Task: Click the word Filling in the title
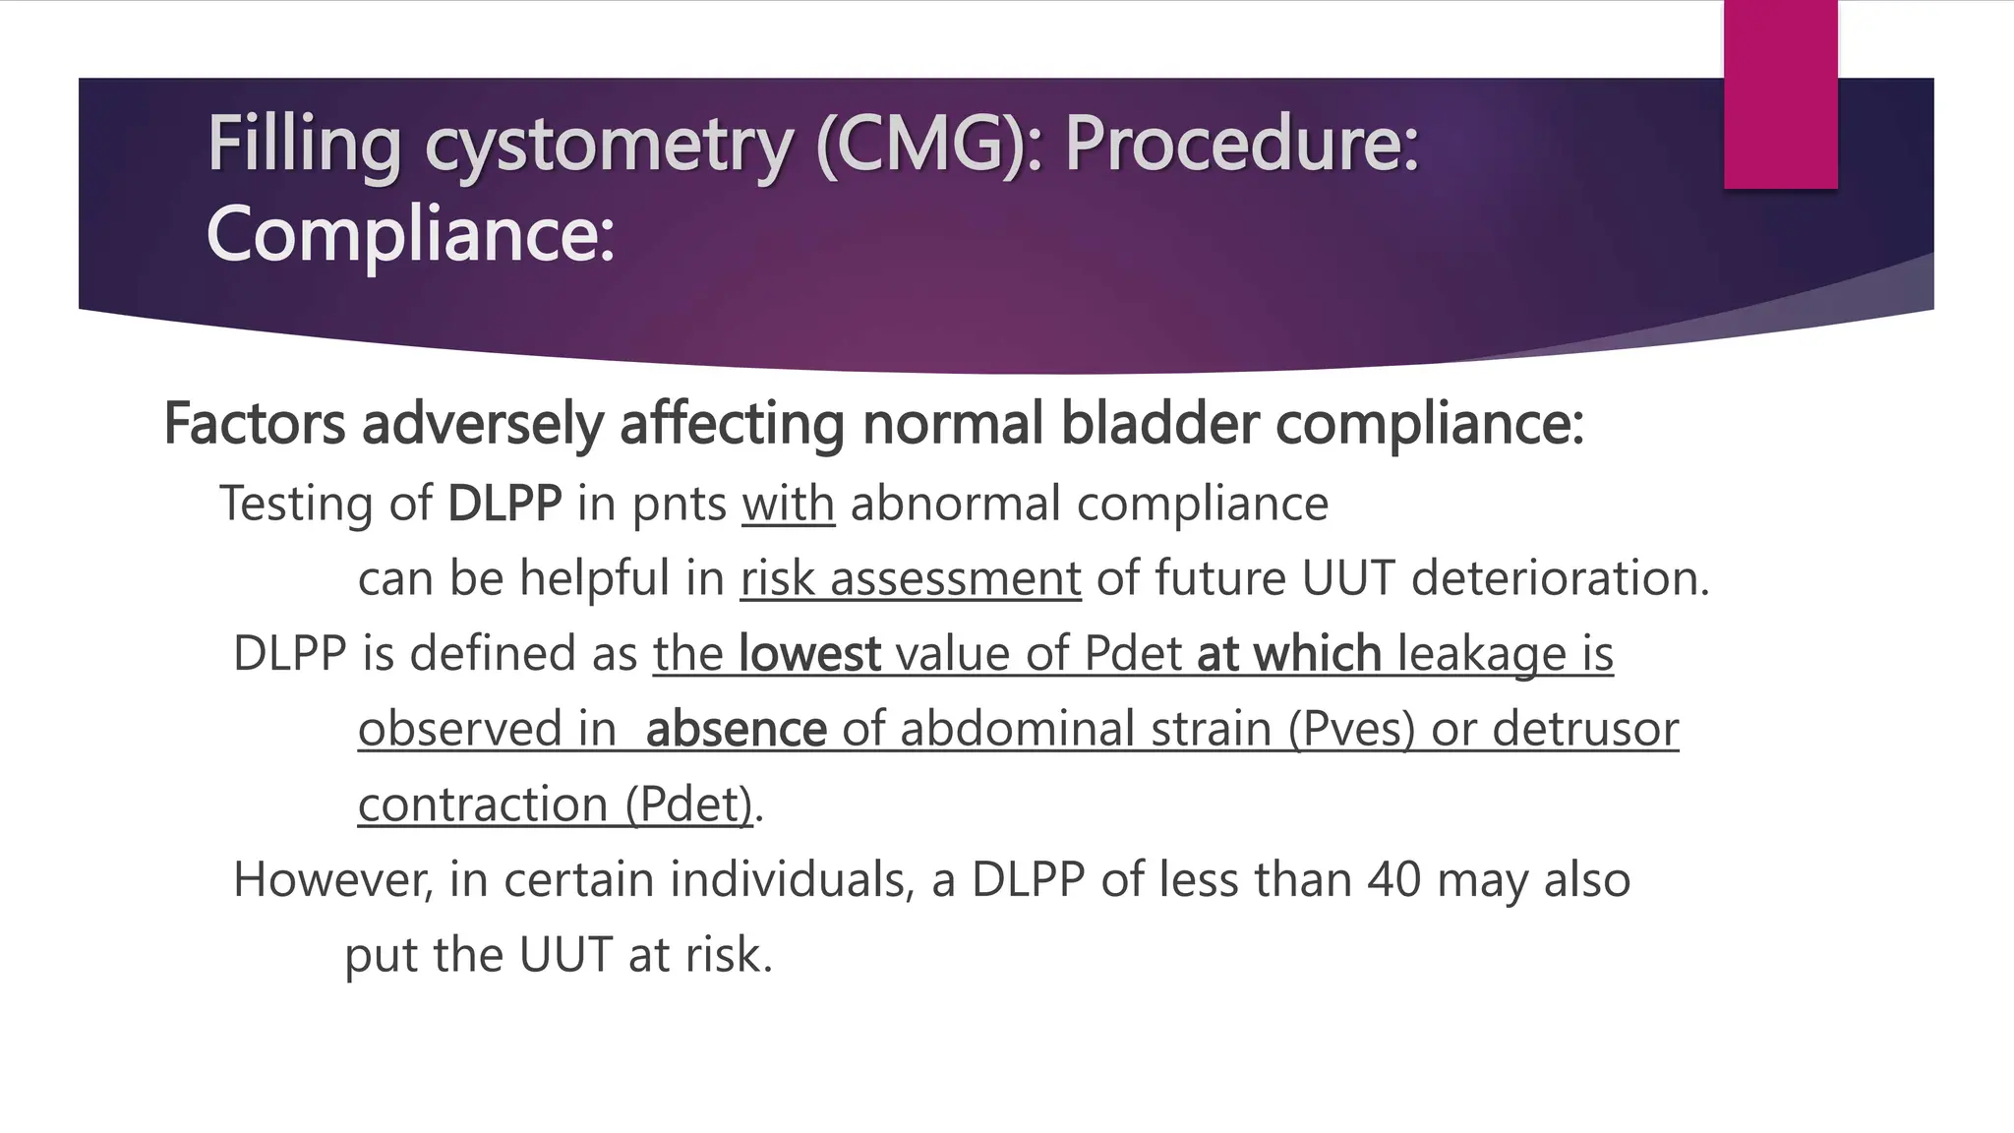click(303, 145)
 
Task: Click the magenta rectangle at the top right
click(1780, 93)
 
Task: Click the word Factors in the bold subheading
click(255, 424)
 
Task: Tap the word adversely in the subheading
click(483, 424)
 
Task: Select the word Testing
click(296, 504)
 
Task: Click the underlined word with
click(788, 504)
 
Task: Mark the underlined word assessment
click(955, 578)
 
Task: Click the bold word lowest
click(809, 654)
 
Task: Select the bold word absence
click(736, 729)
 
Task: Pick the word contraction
click(483, 805)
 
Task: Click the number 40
click(1393, 879)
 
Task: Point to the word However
click(332, 879)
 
